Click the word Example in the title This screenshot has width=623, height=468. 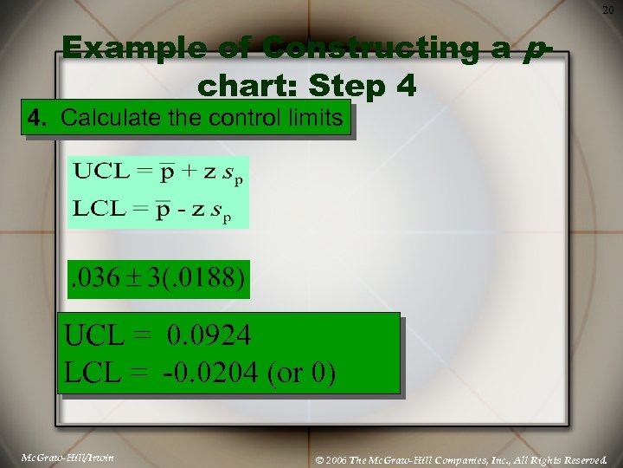[x=116, y=49]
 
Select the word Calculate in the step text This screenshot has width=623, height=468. [x=105, y=118]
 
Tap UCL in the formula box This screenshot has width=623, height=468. [x=96, y=170]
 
